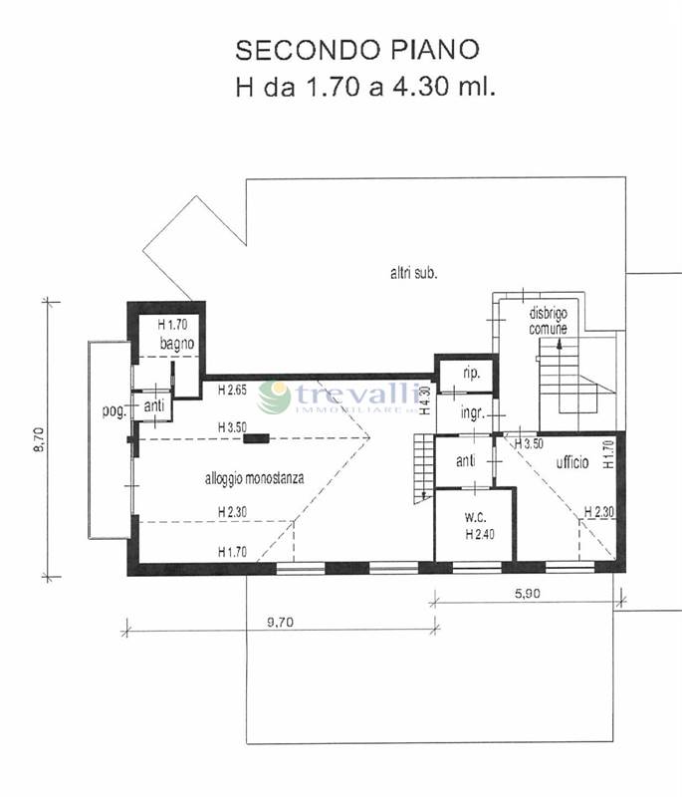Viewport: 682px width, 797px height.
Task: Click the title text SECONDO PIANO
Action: point(357,50)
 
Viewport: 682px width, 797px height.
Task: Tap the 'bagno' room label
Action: point(176,344)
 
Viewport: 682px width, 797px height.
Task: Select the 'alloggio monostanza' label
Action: point(255,478)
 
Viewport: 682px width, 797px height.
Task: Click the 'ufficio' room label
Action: point(572,462)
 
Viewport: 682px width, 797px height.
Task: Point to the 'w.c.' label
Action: point(475,517)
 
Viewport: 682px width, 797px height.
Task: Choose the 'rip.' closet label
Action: point(471,375)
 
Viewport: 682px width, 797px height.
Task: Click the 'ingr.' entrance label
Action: point(472,412)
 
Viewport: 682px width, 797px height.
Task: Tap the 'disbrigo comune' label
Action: point(548,321)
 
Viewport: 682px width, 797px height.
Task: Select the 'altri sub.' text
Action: point(414,273)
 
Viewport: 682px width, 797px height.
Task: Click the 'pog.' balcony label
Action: point(114,411)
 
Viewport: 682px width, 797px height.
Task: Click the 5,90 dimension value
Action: point(528,593)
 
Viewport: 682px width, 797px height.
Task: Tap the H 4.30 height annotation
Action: point(426,401)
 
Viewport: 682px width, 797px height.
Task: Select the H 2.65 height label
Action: point(232,391)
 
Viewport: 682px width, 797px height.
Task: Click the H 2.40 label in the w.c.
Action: point(480,534)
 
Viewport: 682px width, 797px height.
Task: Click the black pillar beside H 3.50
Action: point(257,438)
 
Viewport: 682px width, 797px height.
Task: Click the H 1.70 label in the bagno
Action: point(172,325)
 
